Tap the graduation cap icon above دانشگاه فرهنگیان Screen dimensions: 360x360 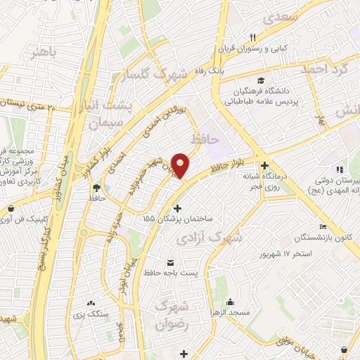[x=262, y=80]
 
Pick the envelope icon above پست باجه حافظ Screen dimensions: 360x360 [x=169, y=262]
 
